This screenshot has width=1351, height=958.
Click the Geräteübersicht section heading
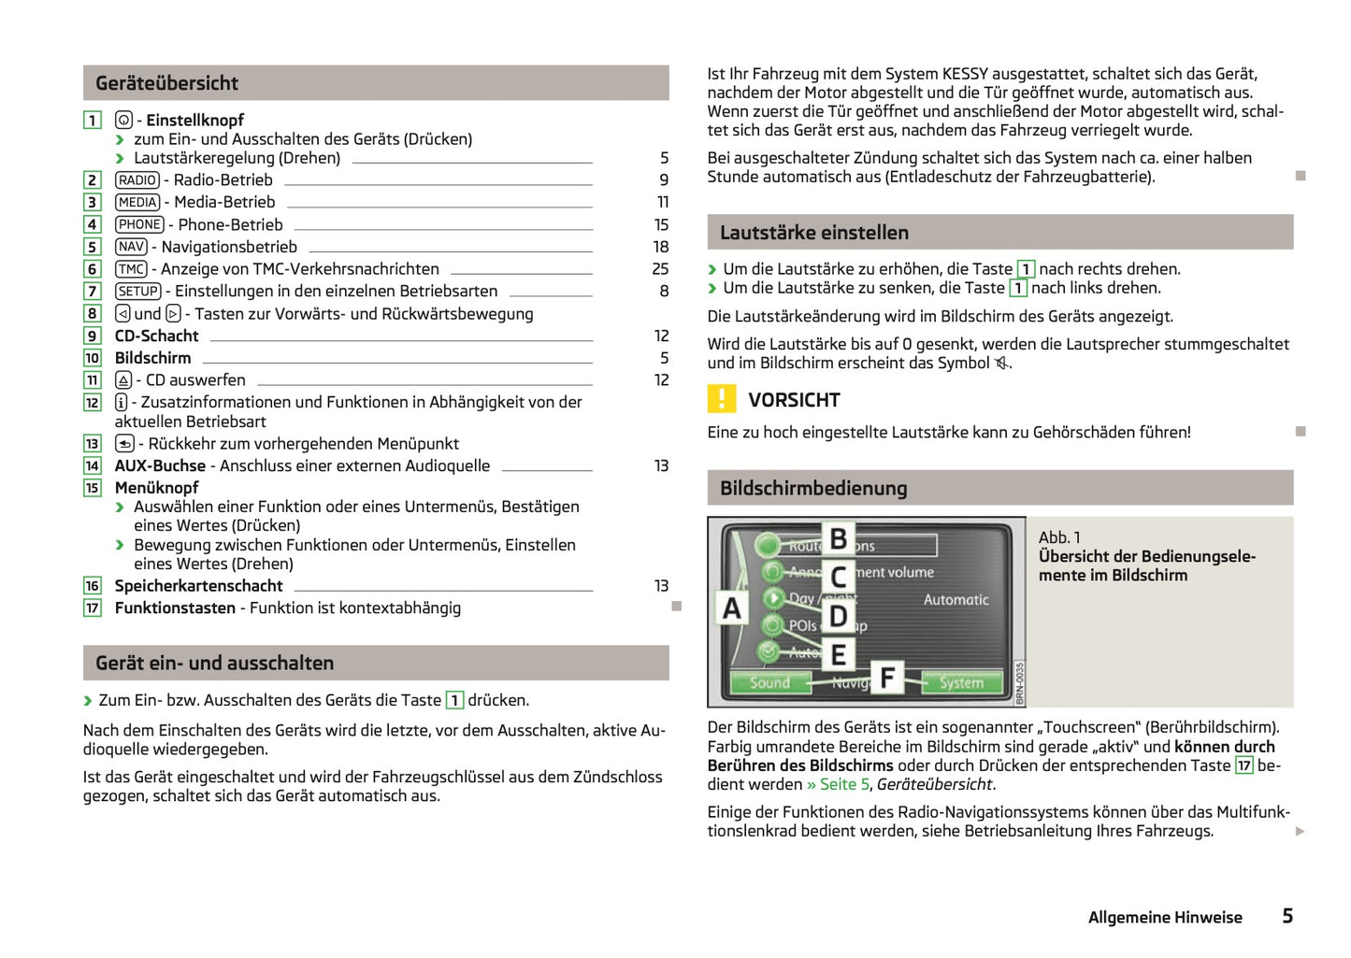click(167, 83)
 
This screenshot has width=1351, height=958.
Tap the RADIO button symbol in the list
click(137, 180)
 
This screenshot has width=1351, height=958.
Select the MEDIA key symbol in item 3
click(137, 203)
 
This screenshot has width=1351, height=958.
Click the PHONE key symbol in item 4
click(139, 225)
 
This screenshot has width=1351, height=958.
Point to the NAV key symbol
click(131, 248)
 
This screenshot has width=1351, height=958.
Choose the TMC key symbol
click(131, 269)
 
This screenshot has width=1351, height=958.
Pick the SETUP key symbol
click(137, 292)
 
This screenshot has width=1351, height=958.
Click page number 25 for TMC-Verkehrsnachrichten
click(660, 269)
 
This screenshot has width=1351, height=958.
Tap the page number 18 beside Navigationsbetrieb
click(661, 248)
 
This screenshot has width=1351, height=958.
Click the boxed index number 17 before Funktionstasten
click(93, 608)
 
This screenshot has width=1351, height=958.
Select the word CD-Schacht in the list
click(156, 336)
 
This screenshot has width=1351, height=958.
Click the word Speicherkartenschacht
click(198, 586)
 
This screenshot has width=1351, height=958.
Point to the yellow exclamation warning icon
click(721, 399)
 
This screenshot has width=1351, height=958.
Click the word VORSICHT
click(794, 400)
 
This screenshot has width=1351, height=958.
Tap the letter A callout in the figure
click(732, 608)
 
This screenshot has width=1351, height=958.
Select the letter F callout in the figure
click(887, 677)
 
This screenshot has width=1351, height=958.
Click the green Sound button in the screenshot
click(769, 683)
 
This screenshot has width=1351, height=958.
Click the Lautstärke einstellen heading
click(813, 233)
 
